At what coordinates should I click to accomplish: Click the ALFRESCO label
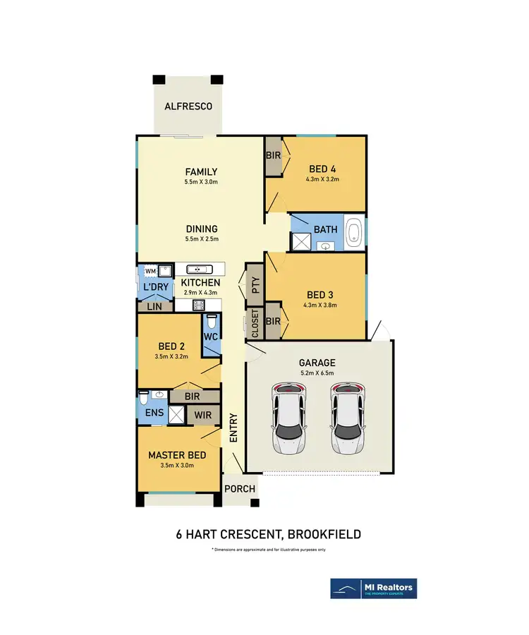coord(188,107)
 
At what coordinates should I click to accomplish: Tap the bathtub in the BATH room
coord(354,232)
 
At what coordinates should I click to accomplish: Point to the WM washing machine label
coord(150,270)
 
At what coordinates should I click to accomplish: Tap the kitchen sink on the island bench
coord(198,269)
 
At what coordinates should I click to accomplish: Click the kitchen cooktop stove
coord(198,306)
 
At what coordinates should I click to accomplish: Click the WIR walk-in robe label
coord(204,416)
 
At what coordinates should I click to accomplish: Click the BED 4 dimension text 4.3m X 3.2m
coord(324,179)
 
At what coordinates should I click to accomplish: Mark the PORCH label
coord(240,489)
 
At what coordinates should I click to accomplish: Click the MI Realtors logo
coord(373,588)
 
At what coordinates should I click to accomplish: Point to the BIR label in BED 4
coord(273,155)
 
